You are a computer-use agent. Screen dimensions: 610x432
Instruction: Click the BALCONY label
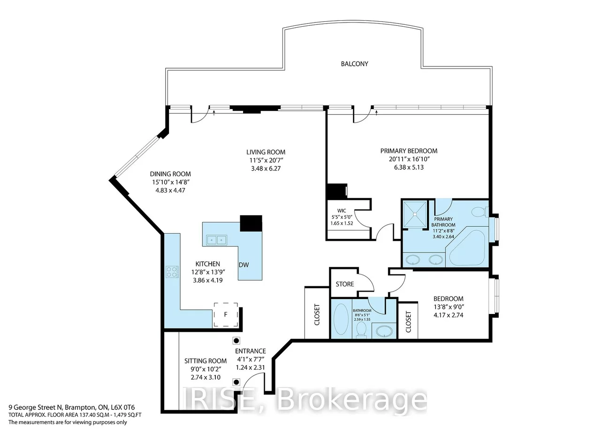[x=354, y=64]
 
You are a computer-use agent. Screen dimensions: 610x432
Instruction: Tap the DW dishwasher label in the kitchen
[x=244, y=265]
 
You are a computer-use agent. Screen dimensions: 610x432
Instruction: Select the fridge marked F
[x=226, y=314]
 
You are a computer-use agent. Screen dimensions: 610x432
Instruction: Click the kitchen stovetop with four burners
[x=172, y=272]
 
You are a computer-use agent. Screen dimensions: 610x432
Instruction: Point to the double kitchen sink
[x=216, y=240]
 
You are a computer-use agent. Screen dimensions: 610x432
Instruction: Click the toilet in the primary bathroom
[x=480, y=212]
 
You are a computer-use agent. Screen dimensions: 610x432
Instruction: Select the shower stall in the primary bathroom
[x=415, y=214]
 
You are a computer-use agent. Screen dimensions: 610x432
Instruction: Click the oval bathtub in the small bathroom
[x=341, y=319]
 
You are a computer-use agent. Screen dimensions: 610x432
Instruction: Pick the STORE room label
[x=345, y=284]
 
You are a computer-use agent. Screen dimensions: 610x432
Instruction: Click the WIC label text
[x=342, y=211]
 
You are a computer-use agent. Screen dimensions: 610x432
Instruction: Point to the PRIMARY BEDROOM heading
[x=409, y=151]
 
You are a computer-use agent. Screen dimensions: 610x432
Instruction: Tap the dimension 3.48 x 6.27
[x=266, y=168]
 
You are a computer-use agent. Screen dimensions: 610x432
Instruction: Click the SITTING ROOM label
[x=206, y=361]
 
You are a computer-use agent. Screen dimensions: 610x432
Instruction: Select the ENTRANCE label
[x=250, y=351]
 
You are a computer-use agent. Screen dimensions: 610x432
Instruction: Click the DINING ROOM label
[x=170, y=174]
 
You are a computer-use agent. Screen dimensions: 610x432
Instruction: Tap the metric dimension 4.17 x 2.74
[x=448, y=315]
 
